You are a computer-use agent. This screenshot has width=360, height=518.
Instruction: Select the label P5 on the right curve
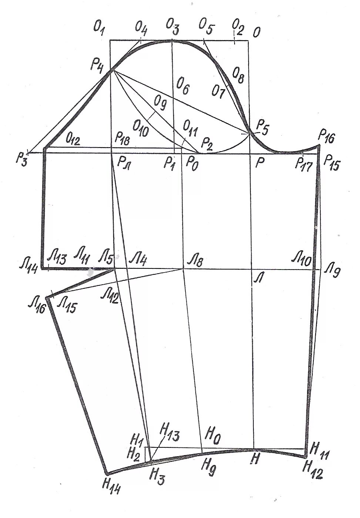262,127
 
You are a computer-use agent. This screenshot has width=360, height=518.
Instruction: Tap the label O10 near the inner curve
140,128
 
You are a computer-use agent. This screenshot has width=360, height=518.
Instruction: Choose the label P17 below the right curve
303,163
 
